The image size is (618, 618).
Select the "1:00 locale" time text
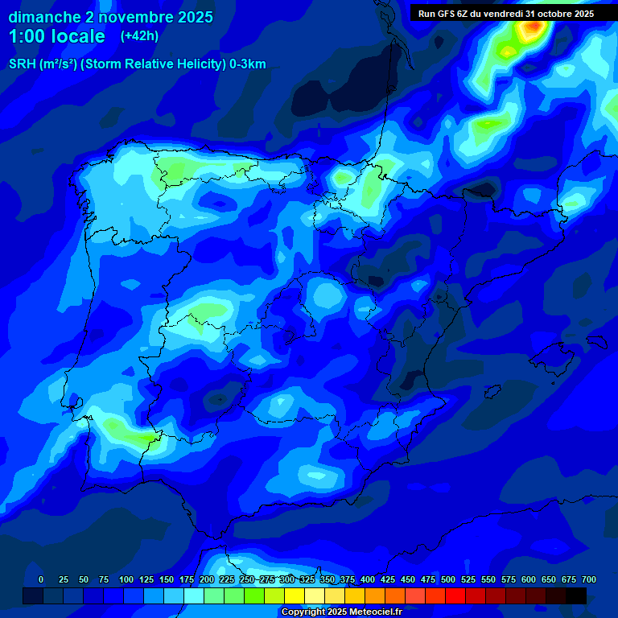coord(57,36)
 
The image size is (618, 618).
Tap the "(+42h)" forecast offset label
coord(139,35)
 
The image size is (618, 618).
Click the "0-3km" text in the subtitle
coord(247,64)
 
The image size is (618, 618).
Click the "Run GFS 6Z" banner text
coord(450,14)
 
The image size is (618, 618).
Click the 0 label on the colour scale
coord(41,579)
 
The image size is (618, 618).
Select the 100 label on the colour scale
coord(126,579)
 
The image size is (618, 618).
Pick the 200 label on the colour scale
coord(207,579)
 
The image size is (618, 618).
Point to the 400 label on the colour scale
coord(368,579)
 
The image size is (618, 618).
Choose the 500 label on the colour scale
coord(448,579)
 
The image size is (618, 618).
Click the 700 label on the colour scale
coord(589,579)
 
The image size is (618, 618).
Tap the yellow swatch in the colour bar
coord(295,596)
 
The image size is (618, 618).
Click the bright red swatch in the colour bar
coord(455,596)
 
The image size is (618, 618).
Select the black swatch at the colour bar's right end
coord(576,596)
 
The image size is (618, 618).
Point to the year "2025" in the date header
coord(196,17)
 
